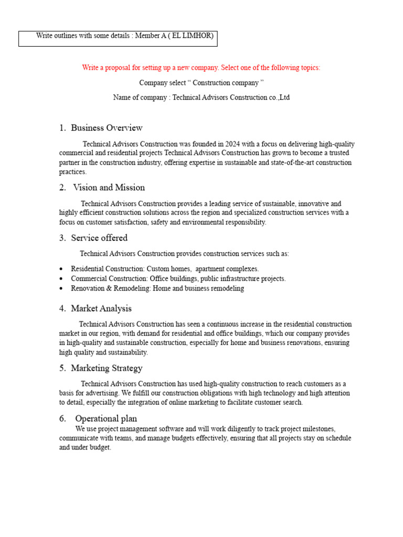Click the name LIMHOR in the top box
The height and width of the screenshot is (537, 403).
click(x=197, y=36)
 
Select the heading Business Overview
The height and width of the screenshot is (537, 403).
click(x=107, y=128)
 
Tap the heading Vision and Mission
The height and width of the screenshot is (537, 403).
click(x=109, y=188)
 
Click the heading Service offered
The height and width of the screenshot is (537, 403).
click(x=99, y=238)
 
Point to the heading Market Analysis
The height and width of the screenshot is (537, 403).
click(x=101, y=309)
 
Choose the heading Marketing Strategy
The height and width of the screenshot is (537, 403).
click(x=107, y=369)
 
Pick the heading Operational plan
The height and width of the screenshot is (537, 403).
click(x=106, y=418)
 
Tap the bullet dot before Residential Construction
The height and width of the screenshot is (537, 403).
click(x=61, y=269)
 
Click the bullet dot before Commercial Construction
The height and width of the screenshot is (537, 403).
click(x=61, y=279)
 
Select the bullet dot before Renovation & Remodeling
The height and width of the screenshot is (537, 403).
click(x=61, y=289)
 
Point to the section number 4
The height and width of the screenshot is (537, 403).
click(x=62, y=309)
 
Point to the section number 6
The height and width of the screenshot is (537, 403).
click(x=62, y=418)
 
